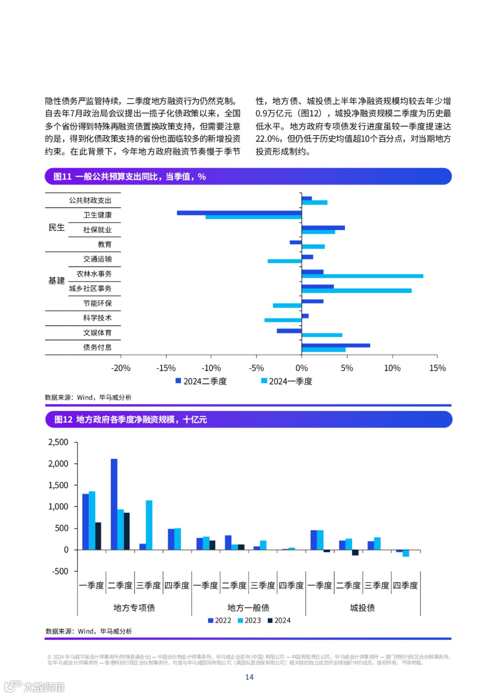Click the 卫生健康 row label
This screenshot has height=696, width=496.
[x=97, y=215]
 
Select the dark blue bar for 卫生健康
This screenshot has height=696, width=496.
[x=239, y=213]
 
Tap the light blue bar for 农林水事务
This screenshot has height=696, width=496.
[x=362, y=276]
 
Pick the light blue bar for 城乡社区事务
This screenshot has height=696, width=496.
[x=356, y=291]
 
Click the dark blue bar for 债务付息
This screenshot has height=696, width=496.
[x=336, y=345]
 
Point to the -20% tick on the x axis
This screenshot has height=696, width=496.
[x=121, y=368]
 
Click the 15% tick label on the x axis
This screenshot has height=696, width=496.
[x=437, y=368]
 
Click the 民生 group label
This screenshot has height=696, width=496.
[x=56, y=228]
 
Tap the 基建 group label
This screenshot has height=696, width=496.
[x=56, y=281]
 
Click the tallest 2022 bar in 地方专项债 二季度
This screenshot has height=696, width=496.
[x=114, y=504]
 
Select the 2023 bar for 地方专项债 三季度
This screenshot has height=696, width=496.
[x=149, y=525]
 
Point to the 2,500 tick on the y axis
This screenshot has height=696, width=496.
[x=58, y=442]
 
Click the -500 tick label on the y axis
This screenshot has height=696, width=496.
[x=60, y=571]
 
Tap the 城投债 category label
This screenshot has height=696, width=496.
[x=362, y=608]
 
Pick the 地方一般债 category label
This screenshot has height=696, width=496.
[x=248, y=608]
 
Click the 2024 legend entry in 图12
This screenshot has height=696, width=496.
[x=279, y=620]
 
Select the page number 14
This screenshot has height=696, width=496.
[x=249, y=677]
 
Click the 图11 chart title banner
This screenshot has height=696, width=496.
[x=248, y=177]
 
